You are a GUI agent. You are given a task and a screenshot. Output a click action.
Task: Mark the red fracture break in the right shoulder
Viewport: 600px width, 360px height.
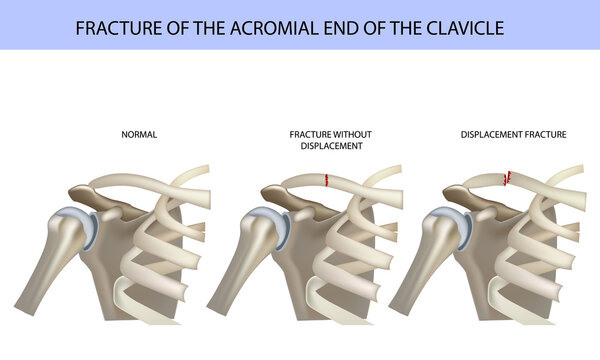(508, 178)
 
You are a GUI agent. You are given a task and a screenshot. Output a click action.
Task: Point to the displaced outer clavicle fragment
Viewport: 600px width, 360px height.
(485, 182)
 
